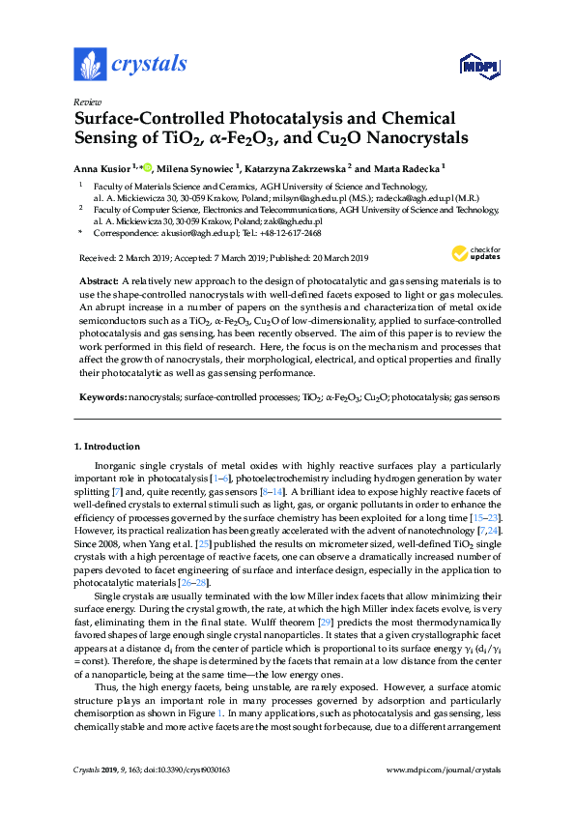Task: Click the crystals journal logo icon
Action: (x=89, y=65)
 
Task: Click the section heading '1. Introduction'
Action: (x=106, y=447)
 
